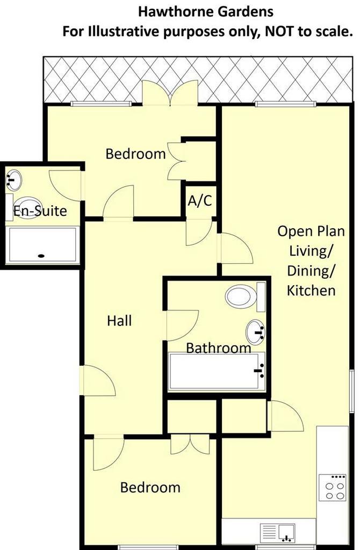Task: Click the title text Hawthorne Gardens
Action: (206, 11)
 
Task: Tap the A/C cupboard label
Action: (200, 201)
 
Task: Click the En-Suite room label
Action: (40, 211)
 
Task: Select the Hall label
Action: (119, 321)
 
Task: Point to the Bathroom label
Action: (219, 348)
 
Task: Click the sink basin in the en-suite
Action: (14, 178)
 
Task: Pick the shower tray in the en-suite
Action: (43, 244)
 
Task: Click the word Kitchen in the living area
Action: (311, 291)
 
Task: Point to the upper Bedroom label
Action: (135, 154)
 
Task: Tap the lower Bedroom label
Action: (150, 488)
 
